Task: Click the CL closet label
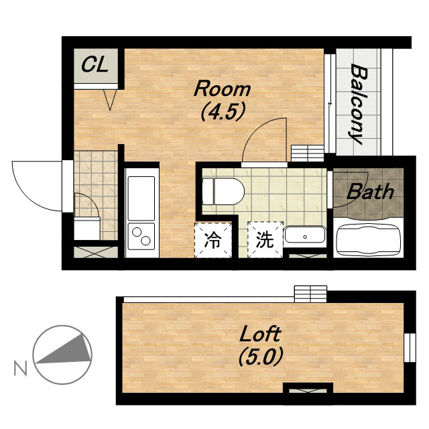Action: (95, 66)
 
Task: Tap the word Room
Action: (222, 88)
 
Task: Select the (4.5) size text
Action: (222, 112)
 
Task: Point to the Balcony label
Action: (358, 104)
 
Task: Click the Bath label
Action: (370, 191)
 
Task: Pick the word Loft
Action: (260, 334)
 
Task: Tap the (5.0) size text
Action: (260, 357)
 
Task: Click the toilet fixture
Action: (223, 192)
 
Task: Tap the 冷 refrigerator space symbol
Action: (213, 240)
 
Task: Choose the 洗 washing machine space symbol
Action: (265, 240)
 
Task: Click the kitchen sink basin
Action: (141, 198)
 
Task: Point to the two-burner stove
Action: (141, 237)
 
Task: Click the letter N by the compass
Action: (21, 368)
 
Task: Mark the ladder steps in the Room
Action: (308, 154)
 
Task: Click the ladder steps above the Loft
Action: (310, 294)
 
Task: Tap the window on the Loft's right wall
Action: (410, 347)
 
